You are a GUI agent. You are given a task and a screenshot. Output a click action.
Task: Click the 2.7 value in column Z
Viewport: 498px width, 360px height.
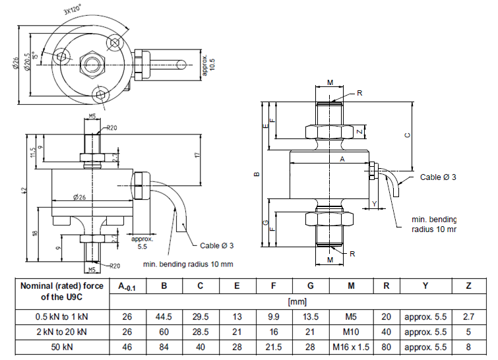(x=468, y=316)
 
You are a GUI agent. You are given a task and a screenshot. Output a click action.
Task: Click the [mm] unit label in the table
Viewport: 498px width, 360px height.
(x=295, y=301)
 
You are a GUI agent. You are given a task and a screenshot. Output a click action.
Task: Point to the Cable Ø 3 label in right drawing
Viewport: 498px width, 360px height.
(x=438, y=177)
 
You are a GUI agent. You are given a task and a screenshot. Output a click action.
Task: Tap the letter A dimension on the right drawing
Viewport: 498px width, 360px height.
(x=341, y=160)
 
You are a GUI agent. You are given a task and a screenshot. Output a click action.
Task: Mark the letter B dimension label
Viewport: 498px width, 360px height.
(x=257, y=175)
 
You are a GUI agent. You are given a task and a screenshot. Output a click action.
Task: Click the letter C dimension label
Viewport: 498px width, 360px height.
(x=407, y=135)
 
